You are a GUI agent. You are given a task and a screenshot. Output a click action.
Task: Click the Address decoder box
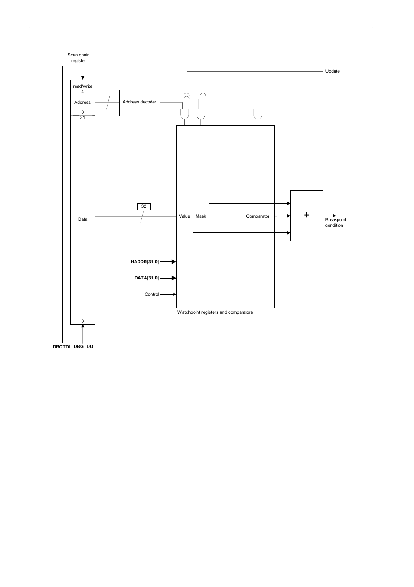coord(139,103)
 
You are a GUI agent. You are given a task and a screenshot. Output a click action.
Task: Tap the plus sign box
coord(306,216)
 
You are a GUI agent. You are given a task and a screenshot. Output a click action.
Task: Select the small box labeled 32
coord(144,206)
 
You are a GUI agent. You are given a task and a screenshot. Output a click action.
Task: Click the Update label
coord(332,71)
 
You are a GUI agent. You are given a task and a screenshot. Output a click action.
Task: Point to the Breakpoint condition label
coord(335,222)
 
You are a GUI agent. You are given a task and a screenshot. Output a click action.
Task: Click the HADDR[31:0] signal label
coord(145,262)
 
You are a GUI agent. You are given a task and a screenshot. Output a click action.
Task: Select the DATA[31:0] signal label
coord(147,278)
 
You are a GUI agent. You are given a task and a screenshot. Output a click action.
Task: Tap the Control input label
coord(152,295)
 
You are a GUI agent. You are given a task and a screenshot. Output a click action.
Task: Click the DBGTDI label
coord(61,347)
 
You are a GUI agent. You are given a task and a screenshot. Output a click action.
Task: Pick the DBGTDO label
coord(83,347)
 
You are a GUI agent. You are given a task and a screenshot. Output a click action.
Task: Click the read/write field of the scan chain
coord(82,86)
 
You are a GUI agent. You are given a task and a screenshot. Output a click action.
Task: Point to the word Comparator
coord(258,216)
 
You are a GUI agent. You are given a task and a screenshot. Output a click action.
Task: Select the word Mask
coord(200,216)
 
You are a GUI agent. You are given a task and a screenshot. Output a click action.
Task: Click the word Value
coord(184,216)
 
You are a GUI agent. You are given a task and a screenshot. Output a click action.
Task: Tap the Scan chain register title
coord(79,58)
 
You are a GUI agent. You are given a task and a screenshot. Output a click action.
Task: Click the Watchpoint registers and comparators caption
coord(215,312)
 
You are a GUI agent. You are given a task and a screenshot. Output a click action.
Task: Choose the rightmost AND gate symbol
coord(258,114)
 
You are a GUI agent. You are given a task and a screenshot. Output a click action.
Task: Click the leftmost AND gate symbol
coord(184,114)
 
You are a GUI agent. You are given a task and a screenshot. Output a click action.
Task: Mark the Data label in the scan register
coord(82,219)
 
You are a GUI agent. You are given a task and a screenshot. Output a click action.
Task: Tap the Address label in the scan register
coord(82,103)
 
